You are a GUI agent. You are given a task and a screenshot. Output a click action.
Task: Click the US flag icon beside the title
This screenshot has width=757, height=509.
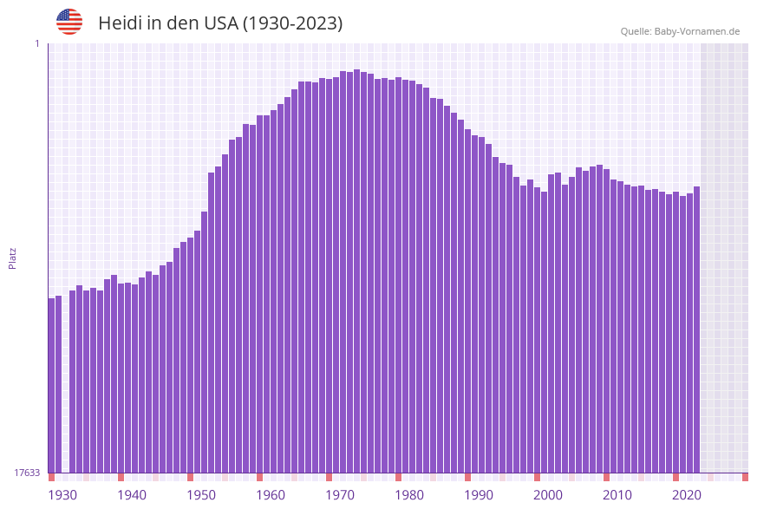tap(69, 22)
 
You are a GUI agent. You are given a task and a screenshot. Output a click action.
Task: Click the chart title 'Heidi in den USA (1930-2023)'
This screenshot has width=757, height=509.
tap(220, 23)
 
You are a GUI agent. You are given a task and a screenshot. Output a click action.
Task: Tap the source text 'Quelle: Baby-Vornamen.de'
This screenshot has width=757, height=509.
tap(680, 31)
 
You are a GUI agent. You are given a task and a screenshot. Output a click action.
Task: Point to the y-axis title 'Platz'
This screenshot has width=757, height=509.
tap(13, 258)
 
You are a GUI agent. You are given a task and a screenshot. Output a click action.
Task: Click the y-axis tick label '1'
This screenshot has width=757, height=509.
tap(36, 43)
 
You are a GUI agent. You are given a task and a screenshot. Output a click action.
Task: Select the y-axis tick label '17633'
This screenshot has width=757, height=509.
tap(27, 473)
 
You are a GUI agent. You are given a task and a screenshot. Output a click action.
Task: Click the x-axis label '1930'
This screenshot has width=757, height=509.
tap(62, 495)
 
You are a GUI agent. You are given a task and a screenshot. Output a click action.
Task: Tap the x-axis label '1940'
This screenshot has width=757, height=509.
tap(132, 495)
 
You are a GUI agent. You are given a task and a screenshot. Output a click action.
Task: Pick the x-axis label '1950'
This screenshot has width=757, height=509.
tap(201, 495)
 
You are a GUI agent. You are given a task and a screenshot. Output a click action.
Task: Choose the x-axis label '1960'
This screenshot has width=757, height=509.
tap(271, 495)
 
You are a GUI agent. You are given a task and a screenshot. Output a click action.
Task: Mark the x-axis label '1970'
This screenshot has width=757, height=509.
tap(340, 495)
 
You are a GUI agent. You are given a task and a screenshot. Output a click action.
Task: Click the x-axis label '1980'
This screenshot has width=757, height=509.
tap(409, 495)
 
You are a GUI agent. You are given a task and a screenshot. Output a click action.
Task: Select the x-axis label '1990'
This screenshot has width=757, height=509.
tap(479, 495)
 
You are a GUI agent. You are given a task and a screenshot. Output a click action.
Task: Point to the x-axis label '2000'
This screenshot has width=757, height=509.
tap(548, 495)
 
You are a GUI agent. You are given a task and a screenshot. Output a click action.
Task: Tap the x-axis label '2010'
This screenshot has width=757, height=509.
tap(617, 495)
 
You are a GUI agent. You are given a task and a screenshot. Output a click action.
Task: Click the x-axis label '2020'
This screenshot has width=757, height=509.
tap(687, 495)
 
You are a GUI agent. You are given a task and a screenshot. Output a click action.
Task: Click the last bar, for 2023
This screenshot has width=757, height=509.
tap(696, 330)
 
